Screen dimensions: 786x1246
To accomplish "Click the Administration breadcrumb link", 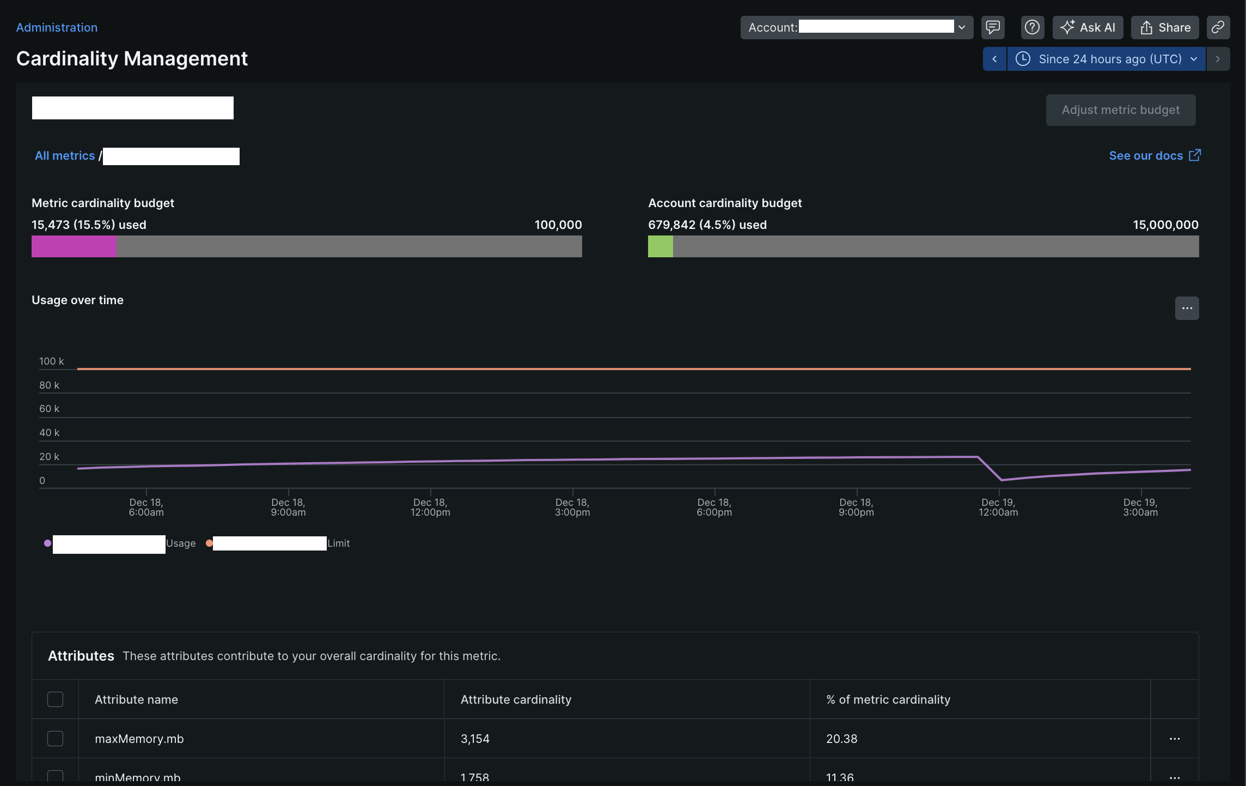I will point(57,27).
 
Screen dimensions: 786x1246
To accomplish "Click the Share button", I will point(1165,27).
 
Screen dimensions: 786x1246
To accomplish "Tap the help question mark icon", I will point(1032,27).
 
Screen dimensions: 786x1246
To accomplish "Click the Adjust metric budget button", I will point(1120,110).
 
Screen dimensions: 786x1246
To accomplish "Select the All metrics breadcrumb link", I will point(65,156).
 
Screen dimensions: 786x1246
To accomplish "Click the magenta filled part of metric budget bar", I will point(74,246).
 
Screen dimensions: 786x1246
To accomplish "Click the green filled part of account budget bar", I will point(660,246).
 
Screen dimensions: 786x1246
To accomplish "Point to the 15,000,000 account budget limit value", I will point(1165,225).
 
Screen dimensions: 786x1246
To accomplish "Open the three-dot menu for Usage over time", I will point(1187,309).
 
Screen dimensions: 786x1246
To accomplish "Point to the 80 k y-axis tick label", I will point(49,385).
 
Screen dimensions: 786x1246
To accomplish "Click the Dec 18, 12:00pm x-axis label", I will point(430,507).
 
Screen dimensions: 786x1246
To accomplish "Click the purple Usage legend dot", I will point(48,543).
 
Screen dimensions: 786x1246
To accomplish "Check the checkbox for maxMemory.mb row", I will point(55,739).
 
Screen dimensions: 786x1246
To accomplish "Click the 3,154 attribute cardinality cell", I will point(475,739).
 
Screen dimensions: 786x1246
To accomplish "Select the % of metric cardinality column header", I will point(888,699).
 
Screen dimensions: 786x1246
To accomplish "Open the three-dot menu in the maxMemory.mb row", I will point(1175,739).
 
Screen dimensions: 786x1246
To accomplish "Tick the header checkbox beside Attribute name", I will point(55,699).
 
